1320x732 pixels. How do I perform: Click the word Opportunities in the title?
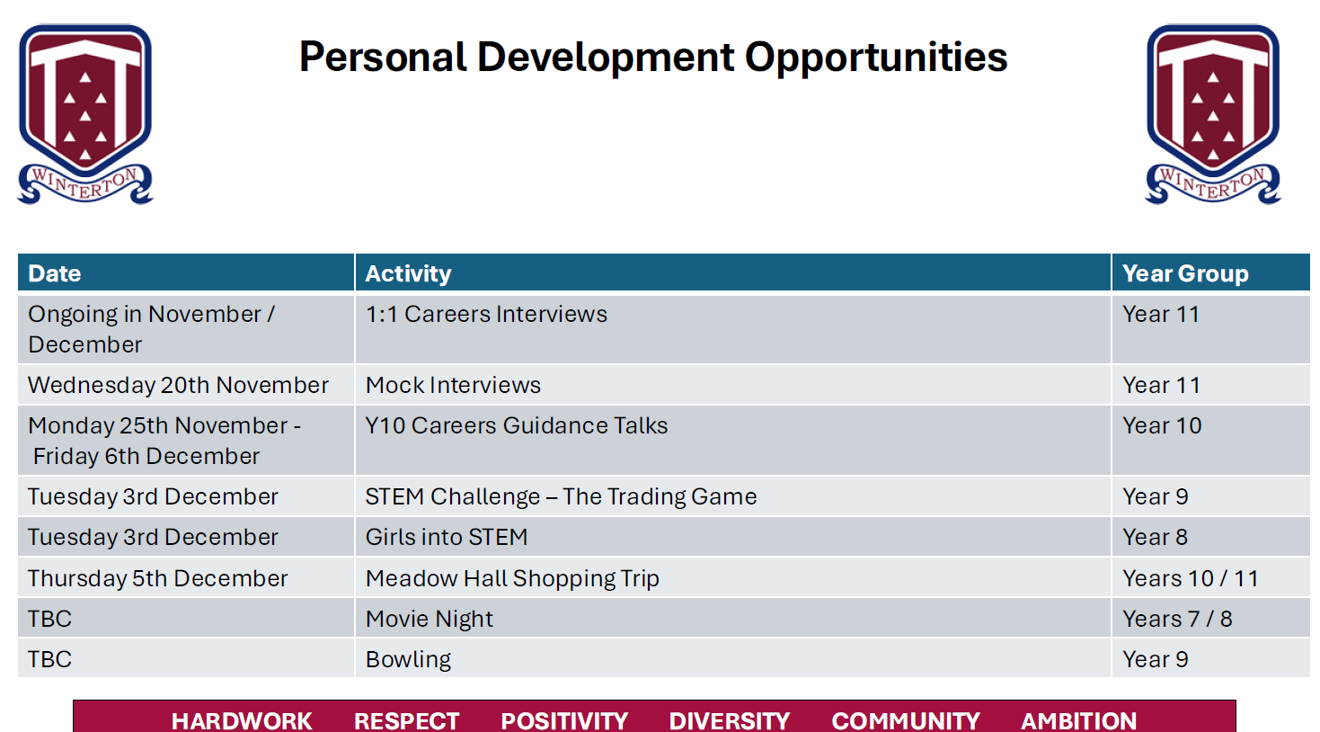point(876,58)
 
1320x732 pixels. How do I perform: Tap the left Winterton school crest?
point(85,114)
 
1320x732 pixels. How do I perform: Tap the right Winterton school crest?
point(1213,114)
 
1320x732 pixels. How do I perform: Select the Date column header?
point(54,273)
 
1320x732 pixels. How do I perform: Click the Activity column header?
point(408,273)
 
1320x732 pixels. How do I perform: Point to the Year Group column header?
point(1185,273)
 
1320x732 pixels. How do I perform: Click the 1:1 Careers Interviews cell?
point(486,315)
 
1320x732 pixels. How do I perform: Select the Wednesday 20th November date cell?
point(178,385)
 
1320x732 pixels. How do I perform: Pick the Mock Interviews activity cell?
point(453,385)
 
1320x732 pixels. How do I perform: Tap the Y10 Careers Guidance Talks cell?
point(516,426)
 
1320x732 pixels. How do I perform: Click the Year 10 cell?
point(1162,426)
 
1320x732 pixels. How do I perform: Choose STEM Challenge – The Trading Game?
point(561,496)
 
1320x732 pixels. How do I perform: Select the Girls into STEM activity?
point(446,538)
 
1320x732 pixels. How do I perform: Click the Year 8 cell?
point(1155,538)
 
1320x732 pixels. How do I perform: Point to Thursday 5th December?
point(157,578)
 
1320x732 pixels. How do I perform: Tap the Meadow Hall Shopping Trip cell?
point(512,578)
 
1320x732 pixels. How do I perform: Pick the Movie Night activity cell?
point(429,620)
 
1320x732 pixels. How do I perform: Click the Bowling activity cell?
point(408,659)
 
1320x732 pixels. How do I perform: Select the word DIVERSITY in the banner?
point(729,721)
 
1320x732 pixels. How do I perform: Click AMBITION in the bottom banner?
point(1078,721)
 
